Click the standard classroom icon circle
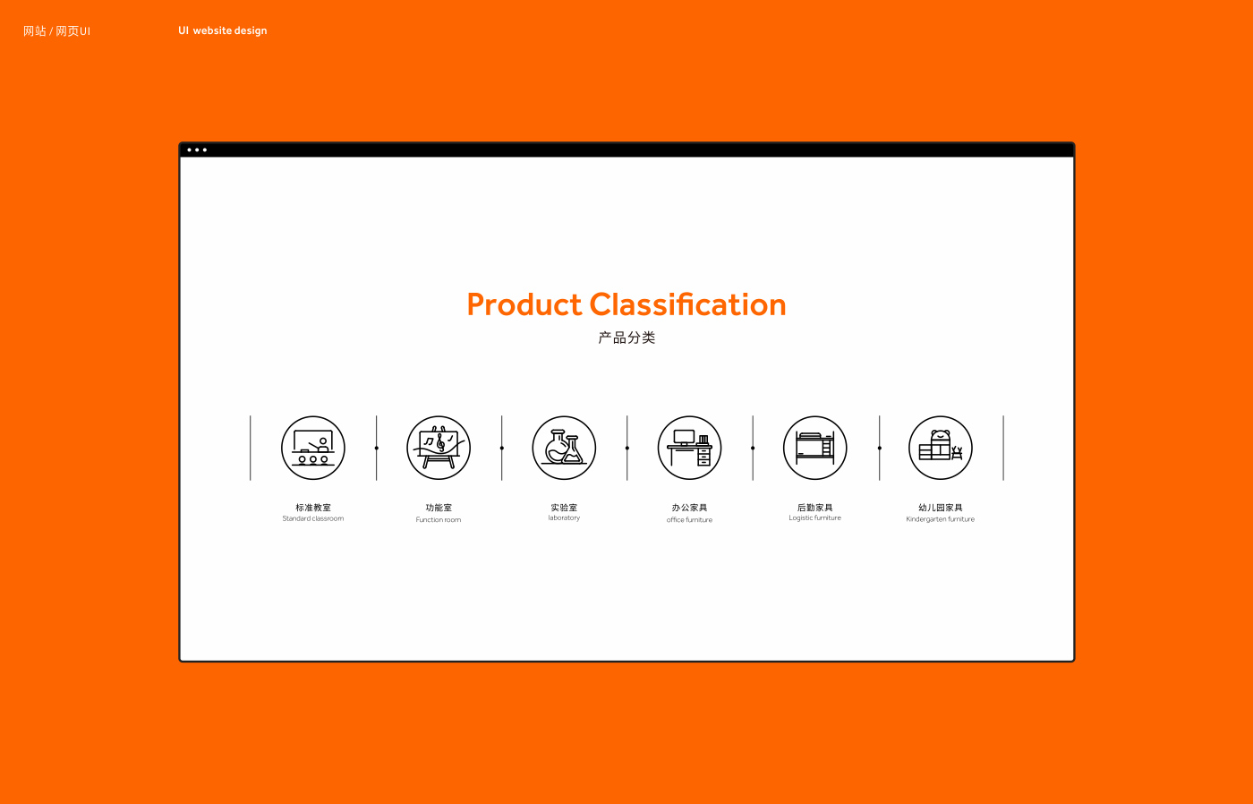click(312, 448)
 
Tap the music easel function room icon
click(439, 448)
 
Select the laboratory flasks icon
click(564, 448)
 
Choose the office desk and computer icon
click(690, 448)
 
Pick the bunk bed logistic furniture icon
click(815, 448)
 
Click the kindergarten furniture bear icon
click(941, 448)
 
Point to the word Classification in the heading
click(687, 304)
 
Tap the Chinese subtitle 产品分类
click(626, 338)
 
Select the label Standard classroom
click(312, 518)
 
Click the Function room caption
click(438, 520)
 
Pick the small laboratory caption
click(564, 518)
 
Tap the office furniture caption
click(689, 520)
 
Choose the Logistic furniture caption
click(814, 518)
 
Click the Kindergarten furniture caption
click(941, 519)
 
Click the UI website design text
click(223, 30)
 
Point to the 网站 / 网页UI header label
click(56, 30)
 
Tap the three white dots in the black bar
click(197, 150)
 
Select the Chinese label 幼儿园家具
click(941, 508)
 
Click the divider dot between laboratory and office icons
click(627, 448)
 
